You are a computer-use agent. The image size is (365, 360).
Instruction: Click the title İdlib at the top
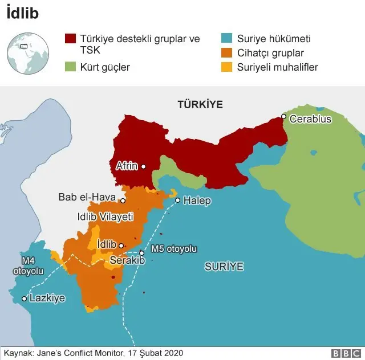coord(22,13)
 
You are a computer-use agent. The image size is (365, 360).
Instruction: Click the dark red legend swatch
coord(70,39)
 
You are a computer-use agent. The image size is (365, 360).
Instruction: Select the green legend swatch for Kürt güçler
coord(70,67)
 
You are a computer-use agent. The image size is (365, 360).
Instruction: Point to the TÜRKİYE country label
coord(200,104)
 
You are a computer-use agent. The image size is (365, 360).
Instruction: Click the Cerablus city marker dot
coord(283,117)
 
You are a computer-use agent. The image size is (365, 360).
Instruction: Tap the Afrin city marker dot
coord(144,166)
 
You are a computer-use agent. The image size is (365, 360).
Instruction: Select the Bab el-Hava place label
coord(87,198)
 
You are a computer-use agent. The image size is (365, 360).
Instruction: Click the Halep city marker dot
coord(178,200)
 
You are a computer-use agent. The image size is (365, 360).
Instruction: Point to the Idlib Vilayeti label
coord(105,217)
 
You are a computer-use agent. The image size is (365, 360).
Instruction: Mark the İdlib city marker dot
coord(121,246)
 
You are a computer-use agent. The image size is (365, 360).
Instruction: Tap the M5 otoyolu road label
coord(174,249)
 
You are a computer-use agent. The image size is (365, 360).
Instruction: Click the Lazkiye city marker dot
coord(24,298)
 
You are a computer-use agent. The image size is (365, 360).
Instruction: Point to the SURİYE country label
coord(224,266)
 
